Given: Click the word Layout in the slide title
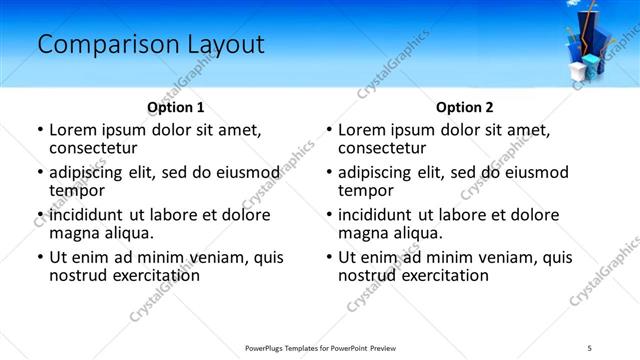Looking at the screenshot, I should [223, 45].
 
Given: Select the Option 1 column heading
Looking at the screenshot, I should [176, 107].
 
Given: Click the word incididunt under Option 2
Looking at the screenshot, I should [380, 214].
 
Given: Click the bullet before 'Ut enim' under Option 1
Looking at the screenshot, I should [39, 257].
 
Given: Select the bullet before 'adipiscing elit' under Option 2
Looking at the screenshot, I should [328, 171].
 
